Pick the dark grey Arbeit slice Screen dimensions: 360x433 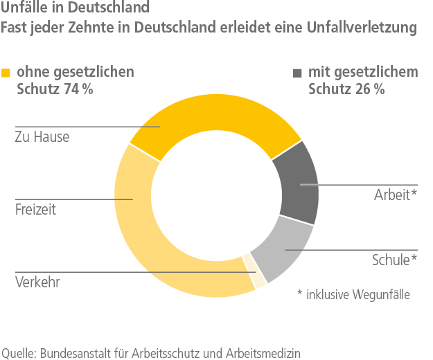tap(297, 183)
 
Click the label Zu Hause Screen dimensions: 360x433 tap(42, 137)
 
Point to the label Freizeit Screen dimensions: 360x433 tap(35, 210)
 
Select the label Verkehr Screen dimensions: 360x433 tap(37, 282)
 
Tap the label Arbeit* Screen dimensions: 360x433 tap(396, 195)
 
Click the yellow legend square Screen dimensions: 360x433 tap(7, 73)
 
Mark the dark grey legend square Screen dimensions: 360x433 tap(298, 73)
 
